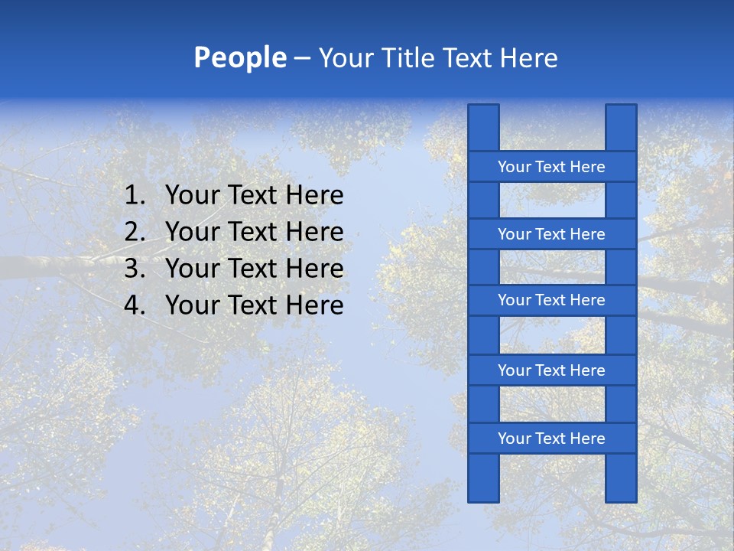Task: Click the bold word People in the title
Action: (239, 58)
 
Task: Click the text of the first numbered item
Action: (254, 196)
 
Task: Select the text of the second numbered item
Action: (254, 232)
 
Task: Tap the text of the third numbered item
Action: (254, 269)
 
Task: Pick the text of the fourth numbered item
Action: (254, 305)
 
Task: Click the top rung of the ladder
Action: (551, 167)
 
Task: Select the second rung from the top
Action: (551, 234)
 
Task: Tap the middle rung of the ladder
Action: (551, 300)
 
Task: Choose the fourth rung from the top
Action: (551, 370)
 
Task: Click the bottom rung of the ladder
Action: (551, 439)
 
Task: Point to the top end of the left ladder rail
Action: (483, 109)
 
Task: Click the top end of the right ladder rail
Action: (621, 109)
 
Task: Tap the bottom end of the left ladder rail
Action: (483, 497)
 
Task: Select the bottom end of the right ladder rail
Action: (621, 497)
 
